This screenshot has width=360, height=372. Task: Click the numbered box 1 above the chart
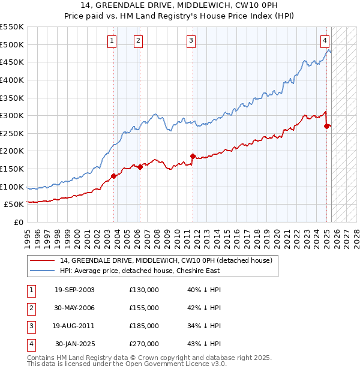112,41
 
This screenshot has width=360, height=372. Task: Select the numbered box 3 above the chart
191,41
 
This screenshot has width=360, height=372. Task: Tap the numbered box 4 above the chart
325,41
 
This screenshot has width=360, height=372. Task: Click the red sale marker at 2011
193,156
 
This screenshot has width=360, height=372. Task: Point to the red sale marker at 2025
326,126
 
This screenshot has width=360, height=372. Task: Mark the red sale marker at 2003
113,176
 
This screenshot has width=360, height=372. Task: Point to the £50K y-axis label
14,205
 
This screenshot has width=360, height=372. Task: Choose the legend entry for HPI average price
139,271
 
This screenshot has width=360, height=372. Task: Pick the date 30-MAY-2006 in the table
74,308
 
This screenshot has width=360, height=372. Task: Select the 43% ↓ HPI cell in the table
205,344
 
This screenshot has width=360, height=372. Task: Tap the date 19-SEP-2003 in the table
74,290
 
